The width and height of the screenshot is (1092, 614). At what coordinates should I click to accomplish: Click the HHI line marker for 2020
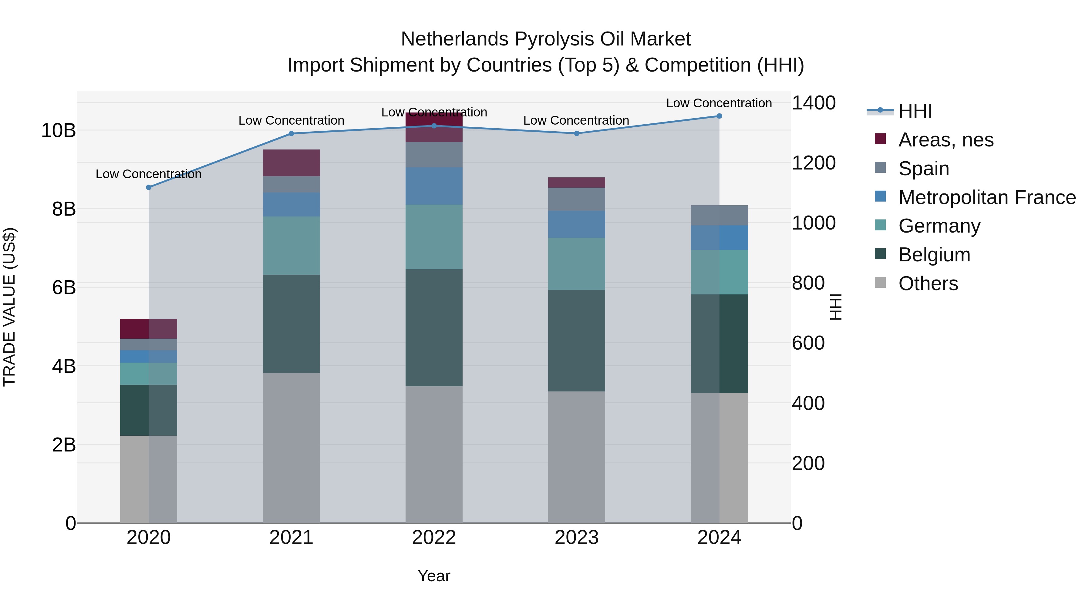click(148, 187)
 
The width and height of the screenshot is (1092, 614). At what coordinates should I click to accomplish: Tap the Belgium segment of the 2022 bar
click(434, 327)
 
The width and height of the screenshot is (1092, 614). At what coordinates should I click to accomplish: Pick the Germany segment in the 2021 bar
click(291, 246)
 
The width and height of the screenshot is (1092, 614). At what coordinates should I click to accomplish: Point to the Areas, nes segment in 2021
click(291, 163)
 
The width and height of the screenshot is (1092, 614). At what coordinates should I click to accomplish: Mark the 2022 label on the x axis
click(434, 538)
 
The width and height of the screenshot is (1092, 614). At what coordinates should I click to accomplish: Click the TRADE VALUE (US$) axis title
click(9, 307)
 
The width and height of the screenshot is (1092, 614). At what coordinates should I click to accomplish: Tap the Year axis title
click(434, 576)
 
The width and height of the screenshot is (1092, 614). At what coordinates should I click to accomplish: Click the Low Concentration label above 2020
click(148, 174)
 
